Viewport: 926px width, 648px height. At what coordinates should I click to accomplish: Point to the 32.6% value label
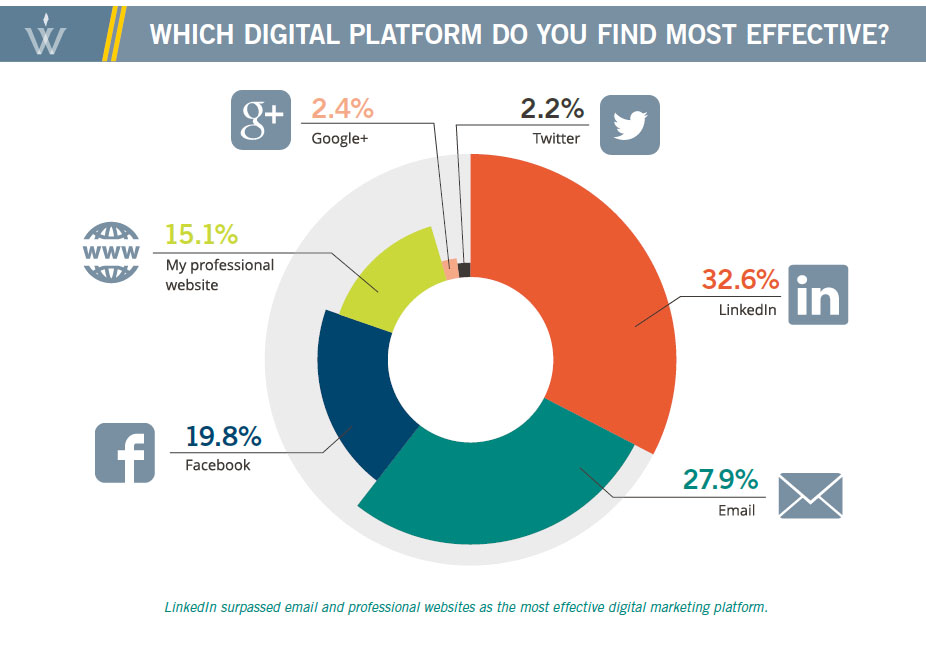click(739, 279)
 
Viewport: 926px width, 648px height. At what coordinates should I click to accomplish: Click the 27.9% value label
click(720, 480)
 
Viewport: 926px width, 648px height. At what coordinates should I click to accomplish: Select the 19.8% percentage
click(223, 437)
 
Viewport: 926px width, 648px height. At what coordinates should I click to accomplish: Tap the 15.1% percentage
click(202, 236)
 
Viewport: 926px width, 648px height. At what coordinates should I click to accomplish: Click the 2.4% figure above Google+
click(343, 108)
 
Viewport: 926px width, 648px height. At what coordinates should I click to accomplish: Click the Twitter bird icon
click(630, 125)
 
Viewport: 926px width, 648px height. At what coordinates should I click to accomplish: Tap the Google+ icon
click(260, 120)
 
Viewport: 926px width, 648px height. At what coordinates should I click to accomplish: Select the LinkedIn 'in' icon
click(818, 295)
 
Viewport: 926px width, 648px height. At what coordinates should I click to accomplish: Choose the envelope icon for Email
click(810, 497)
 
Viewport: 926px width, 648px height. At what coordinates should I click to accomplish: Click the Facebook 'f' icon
click(125, 453)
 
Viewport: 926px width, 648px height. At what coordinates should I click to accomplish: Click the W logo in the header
click(47, 32)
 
